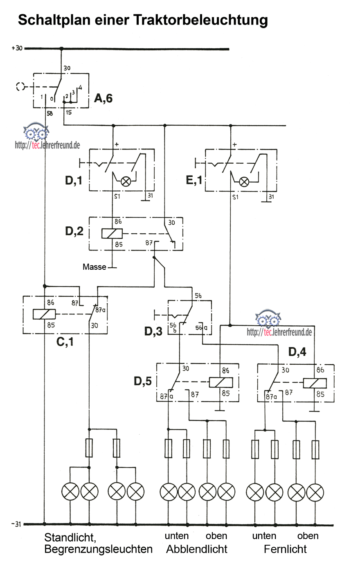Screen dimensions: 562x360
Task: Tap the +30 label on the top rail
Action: point(18,48)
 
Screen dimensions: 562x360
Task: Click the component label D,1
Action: point(74,180)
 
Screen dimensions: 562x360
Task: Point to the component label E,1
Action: point(194,180)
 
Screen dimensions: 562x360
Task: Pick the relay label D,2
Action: point(74,231)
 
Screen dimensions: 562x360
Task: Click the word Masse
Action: point(94,267)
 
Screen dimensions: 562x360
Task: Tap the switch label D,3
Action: point(153,331)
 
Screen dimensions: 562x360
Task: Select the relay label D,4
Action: point(297,351)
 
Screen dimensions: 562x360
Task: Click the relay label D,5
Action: point(143,381)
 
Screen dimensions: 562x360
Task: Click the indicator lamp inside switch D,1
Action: point(126,181)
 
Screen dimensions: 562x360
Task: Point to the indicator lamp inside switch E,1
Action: point(244,181)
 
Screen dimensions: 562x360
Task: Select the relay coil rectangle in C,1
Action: point(44,314)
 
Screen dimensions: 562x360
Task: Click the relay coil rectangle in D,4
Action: point(315,383)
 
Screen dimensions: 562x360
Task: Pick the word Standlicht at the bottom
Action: point(70,537)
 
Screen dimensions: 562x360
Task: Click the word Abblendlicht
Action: point(197,549)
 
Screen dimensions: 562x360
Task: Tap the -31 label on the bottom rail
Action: point(17,524)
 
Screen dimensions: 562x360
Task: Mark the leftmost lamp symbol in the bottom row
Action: point(70,491)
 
